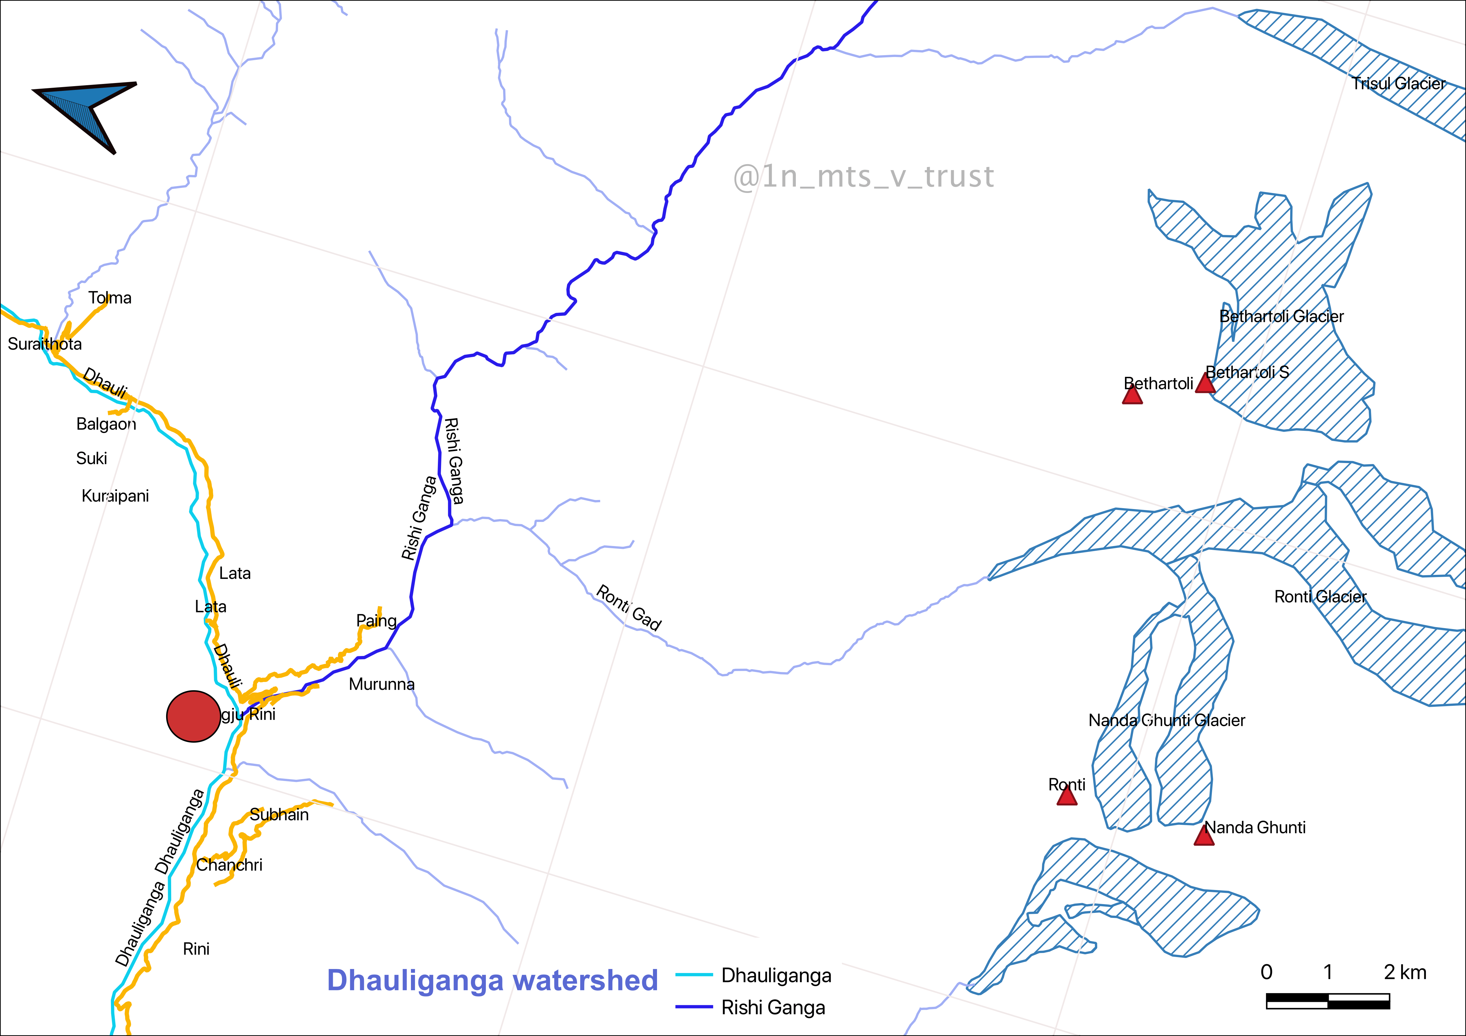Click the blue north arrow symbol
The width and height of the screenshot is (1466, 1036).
coord(86,112)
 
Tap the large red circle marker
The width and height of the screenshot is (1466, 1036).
coord(193,716)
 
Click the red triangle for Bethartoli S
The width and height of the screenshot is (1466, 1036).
coord(1205,384)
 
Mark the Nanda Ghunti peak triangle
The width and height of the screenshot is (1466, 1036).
coord(1204,836)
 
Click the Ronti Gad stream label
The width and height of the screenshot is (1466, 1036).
coord(629,608)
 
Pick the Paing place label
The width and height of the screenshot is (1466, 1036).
coord(376,621)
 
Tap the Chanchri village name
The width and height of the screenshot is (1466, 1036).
coord(229,865)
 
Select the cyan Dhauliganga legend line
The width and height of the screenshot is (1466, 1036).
coord(694,975)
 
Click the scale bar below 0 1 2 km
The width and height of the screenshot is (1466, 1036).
coord(1327,1001)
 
